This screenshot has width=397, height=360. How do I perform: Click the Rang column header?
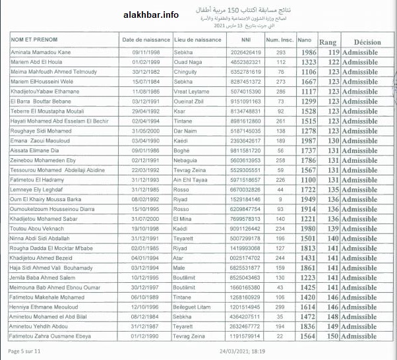point(327,42)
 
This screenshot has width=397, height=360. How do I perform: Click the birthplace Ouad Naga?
point(190,62)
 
